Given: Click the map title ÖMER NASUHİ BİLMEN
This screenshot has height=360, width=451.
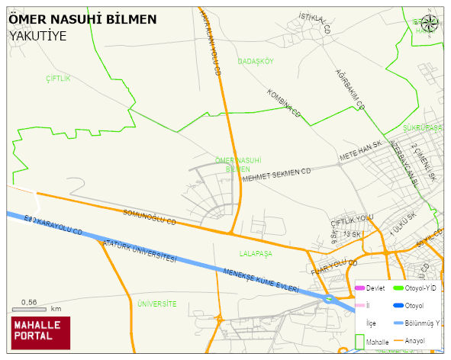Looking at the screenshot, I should point(83,19).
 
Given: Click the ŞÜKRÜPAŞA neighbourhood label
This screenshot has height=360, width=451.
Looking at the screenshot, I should point(422,128).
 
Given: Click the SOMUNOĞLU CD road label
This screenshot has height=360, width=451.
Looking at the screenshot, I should point(150,217).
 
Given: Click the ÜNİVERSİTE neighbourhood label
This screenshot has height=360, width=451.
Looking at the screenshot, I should point(156,304).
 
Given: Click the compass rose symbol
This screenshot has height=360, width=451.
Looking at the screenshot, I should point(430,23).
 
